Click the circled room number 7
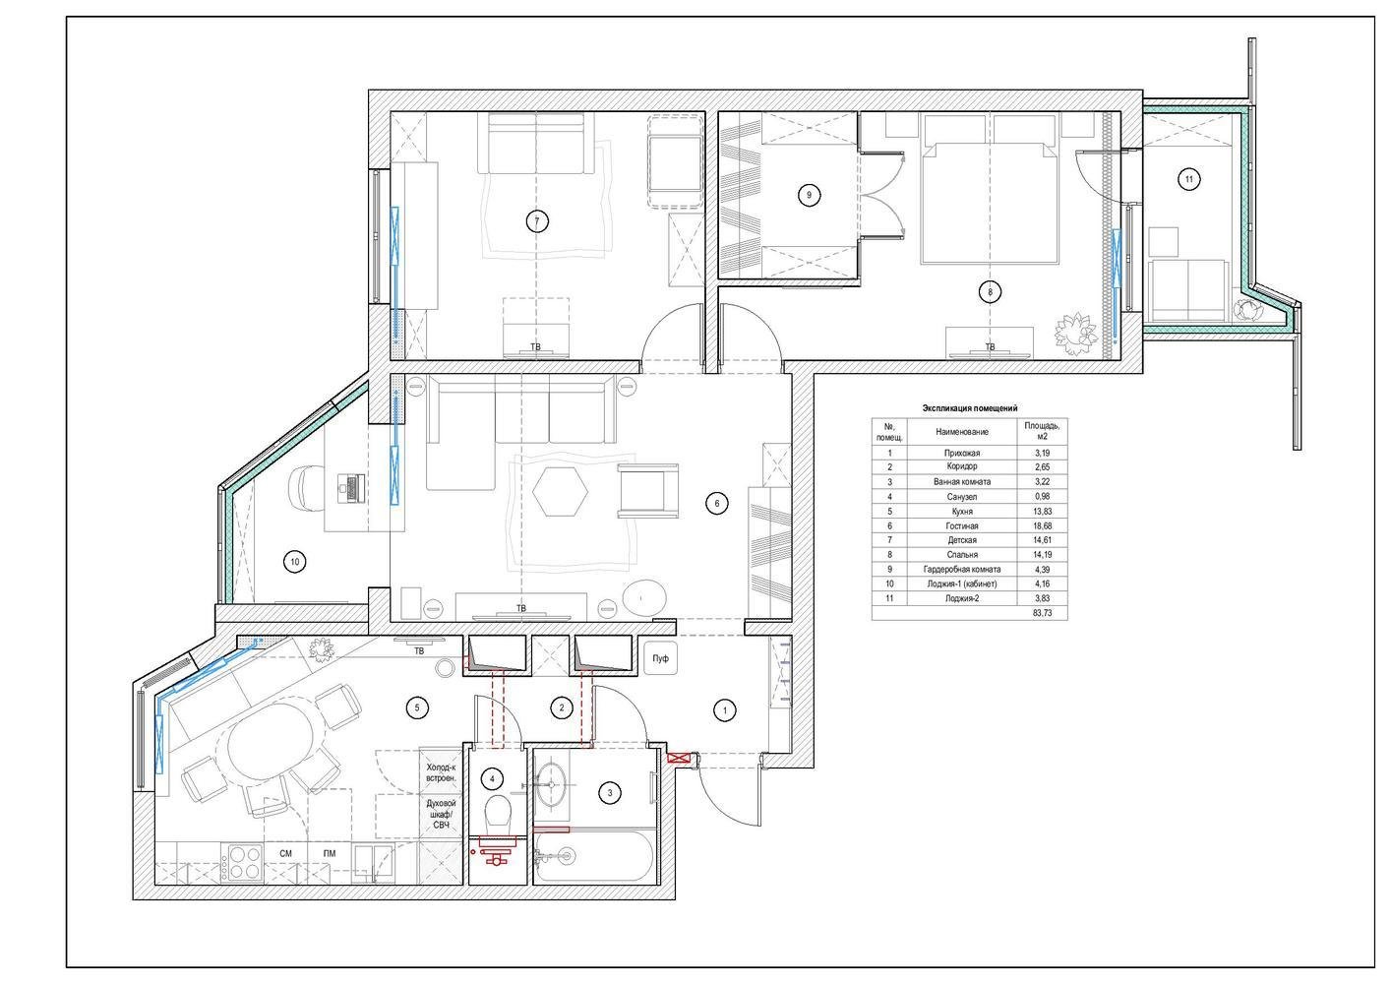coord(537,221)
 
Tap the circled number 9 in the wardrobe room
coord(809,195)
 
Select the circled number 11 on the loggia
coord(1188,179)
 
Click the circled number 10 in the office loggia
coord(294,562)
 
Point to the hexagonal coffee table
coord(560,491)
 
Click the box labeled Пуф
coord(660,658)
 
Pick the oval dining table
coord(271,742)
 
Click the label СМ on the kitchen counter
coord(285,853)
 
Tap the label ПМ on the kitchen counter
coord(330,853)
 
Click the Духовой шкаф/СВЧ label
coord(441,814)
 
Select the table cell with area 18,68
coord(1042,525)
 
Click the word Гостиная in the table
coord(962,526)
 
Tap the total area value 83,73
coord(1042,612)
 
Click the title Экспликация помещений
coord(969,408)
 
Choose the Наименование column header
coord(962,431)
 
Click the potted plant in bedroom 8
coord(1075,333)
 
